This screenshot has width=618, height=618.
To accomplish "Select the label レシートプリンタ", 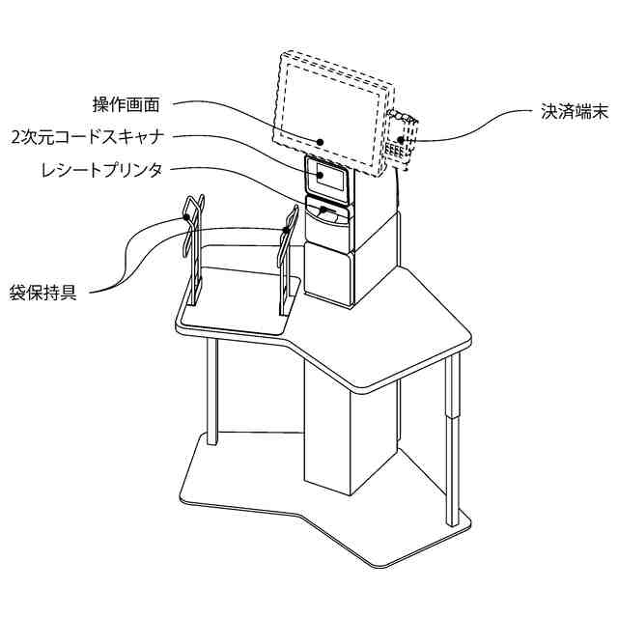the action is [100, 170].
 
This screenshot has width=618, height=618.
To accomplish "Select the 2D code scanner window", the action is [326, 178].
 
